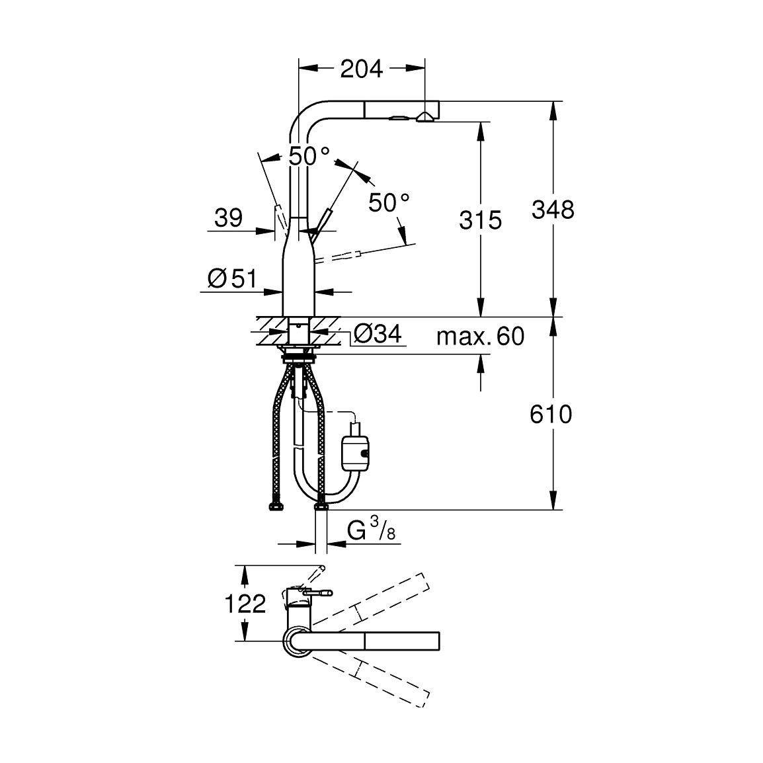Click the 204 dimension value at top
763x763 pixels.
[x=361, y=68]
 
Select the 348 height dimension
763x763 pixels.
[x=553, y=210]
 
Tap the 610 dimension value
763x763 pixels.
[x=550, y=415]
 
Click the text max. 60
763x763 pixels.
[x=480, y=337]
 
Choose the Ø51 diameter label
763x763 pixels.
[x=231, y=279]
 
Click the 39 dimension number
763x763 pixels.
[x=229, y=218]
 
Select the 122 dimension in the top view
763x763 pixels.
[x=245, y=604]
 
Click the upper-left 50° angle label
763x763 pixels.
[x=309, y=156]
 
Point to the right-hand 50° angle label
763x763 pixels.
[x=389, y=202]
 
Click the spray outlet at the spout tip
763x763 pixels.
[x=424, y=118]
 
